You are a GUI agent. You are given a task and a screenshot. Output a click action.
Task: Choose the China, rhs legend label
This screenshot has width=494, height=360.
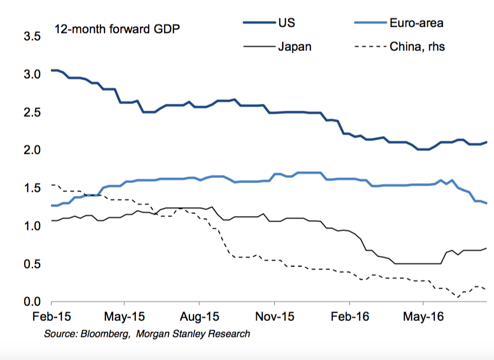point(417,47)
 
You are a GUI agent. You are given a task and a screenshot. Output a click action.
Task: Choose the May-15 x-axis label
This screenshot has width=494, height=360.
point(124,316)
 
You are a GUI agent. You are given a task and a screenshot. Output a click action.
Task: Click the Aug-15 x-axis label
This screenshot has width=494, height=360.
point(200,316)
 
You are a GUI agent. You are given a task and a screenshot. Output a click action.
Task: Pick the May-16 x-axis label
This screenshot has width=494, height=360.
point(423,316)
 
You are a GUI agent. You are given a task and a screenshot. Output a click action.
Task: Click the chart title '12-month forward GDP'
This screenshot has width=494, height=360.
point(117,29)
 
